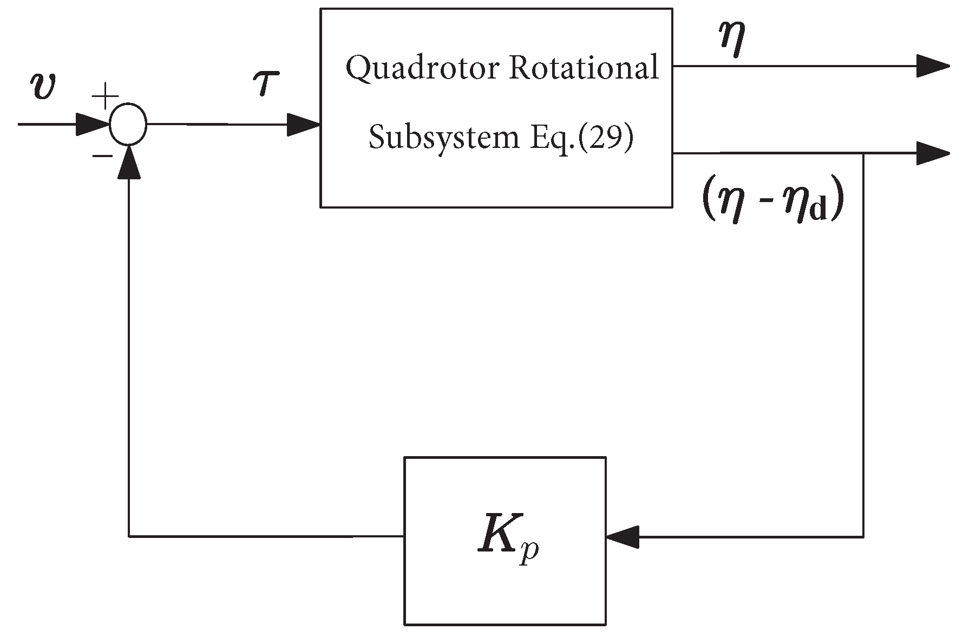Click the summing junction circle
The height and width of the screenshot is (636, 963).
128,124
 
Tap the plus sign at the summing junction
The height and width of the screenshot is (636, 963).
105,98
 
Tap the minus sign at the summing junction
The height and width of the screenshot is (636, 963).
102,156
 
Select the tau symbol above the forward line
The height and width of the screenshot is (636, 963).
265,84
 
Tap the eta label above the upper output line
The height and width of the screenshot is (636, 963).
732,40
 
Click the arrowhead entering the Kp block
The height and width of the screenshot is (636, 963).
623,537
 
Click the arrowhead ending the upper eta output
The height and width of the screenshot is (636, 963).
933,66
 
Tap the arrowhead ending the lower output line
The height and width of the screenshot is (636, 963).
933,153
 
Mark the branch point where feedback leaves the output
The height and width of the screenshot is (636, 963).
863,154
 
